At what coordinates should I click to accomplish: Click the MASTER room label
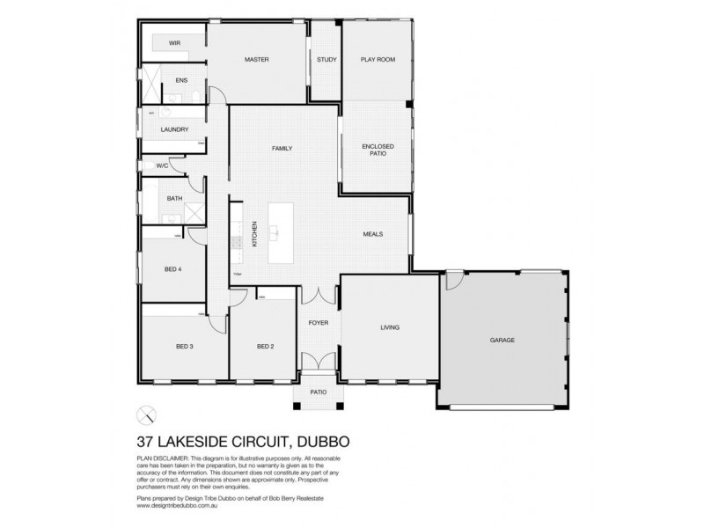click(x=256, y=60)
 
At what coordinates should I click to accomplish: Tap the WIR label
click(x=174, y=41)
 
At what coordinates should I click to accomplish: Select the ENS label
click(x=181, y=81)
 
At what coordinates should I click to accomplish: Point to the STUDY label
click(x=326, y=60)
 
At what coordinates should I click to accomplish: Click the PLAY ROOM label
click(x=378, y=60)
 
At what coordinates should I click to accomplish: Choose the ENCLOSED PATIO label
click(x=378, y=150)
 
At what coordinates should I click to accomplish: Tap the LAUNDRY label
click(x=174, y=129)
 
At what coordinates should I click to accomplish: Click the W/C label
click(x=162, y=165)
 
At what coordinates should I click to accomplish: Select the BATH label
click(x=174, y=198)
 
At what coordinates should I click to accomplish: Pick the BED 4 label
click(x=172, y=268)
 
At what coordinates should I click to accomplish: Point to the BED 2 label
click(x=265, y=347)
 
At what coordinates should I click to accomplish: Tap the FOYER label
click(x=318, y=323)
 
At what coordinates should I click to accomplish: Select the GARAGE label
click(x=503, y=340)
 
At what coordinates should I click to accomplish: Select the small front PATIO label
click(x=318, y=392)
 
